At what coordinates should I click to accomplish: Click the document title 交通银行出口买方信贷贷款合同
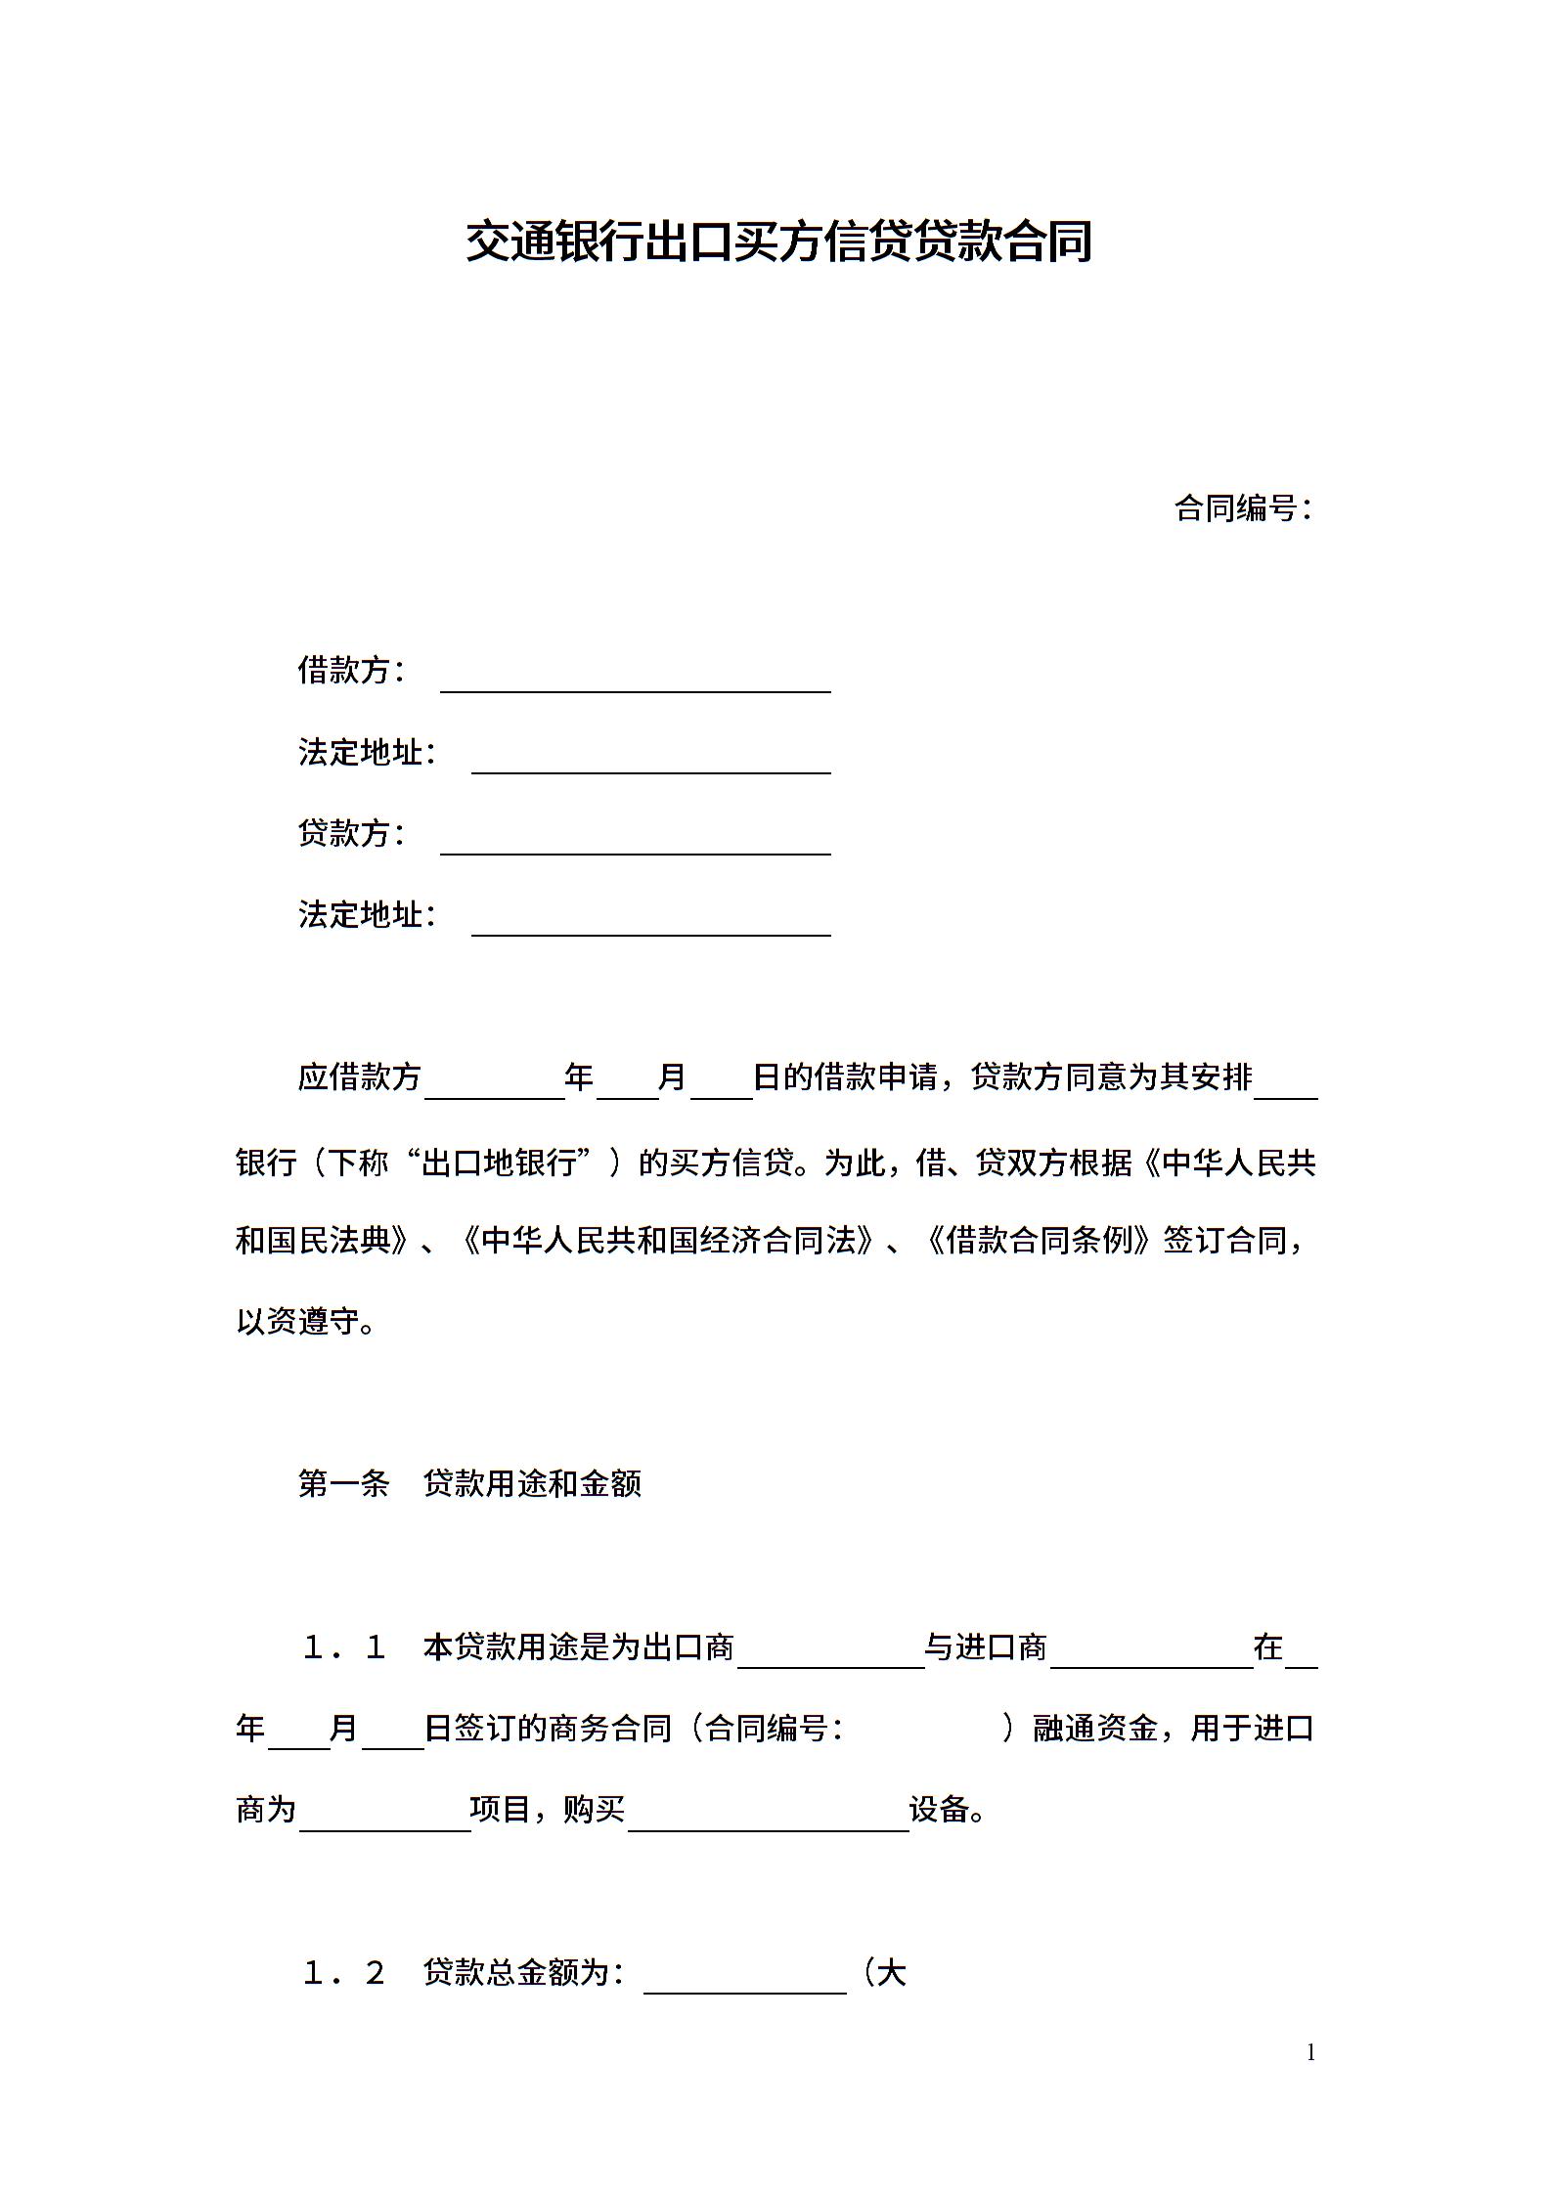(778, 241)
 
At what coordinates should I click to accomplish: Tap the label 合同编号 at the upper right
(1238, 508)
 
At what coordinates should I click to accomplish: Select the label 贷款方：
(350, 833)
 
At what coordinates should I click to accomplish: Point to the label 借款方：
(350, 671)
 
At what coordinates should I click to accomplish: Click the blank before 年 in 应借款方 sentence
(495, 1085)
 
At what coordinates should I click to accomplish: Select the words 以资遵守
(298, 1322)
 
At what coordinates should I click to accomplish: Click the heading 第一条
(343, 1484)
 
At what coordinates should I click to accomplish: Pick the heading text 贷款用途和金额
(533, 1484)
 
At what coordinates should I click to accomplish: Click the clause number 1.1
(343, 1647)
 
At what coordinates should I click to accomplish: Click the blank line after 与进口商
(1151, 1654)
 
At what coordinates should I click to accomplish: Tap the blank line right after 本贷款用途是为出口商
(830, 1654)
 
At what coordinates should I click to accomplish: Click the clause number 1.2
(343, 1973)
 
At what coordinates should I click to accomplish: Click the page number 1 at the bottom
(1310, 2051)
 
